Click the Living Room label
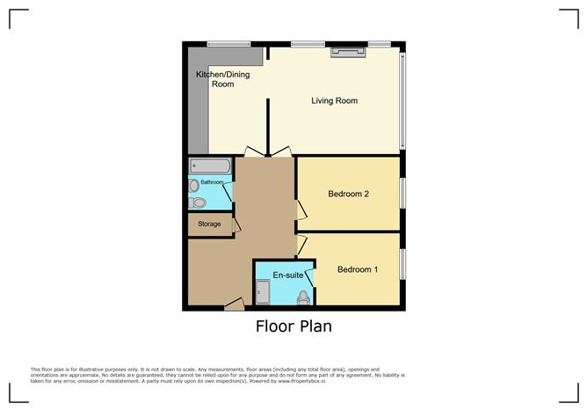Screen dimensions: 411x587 pos(334,100)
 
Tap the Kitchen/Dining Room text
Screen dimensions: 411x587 pos(222,79)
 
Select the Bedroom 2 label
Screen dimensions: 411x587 pos(348,194)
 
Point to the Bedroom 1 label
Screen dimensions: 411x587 pos(358,269)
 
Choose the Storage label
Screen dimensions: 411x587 pos(208,224)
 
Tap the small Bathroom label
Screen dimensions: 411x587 pos(213,182)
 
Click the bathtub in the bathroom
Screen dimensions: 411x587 pos(209,166)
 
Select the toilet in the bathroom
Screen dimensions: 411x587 pos(199,202)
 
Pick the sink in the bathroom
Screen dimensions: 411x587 pos(193,186)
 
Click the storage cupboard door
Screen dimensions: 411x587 pos(236,224)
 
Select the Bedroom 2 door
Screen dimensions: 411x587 pos(301,209)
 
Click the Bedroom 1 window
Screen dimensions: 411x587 pos(403,264)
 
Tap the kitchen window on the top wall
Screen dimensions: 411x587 pos(228,43)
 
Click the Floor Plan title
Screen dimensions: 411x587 pos(293,327)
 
